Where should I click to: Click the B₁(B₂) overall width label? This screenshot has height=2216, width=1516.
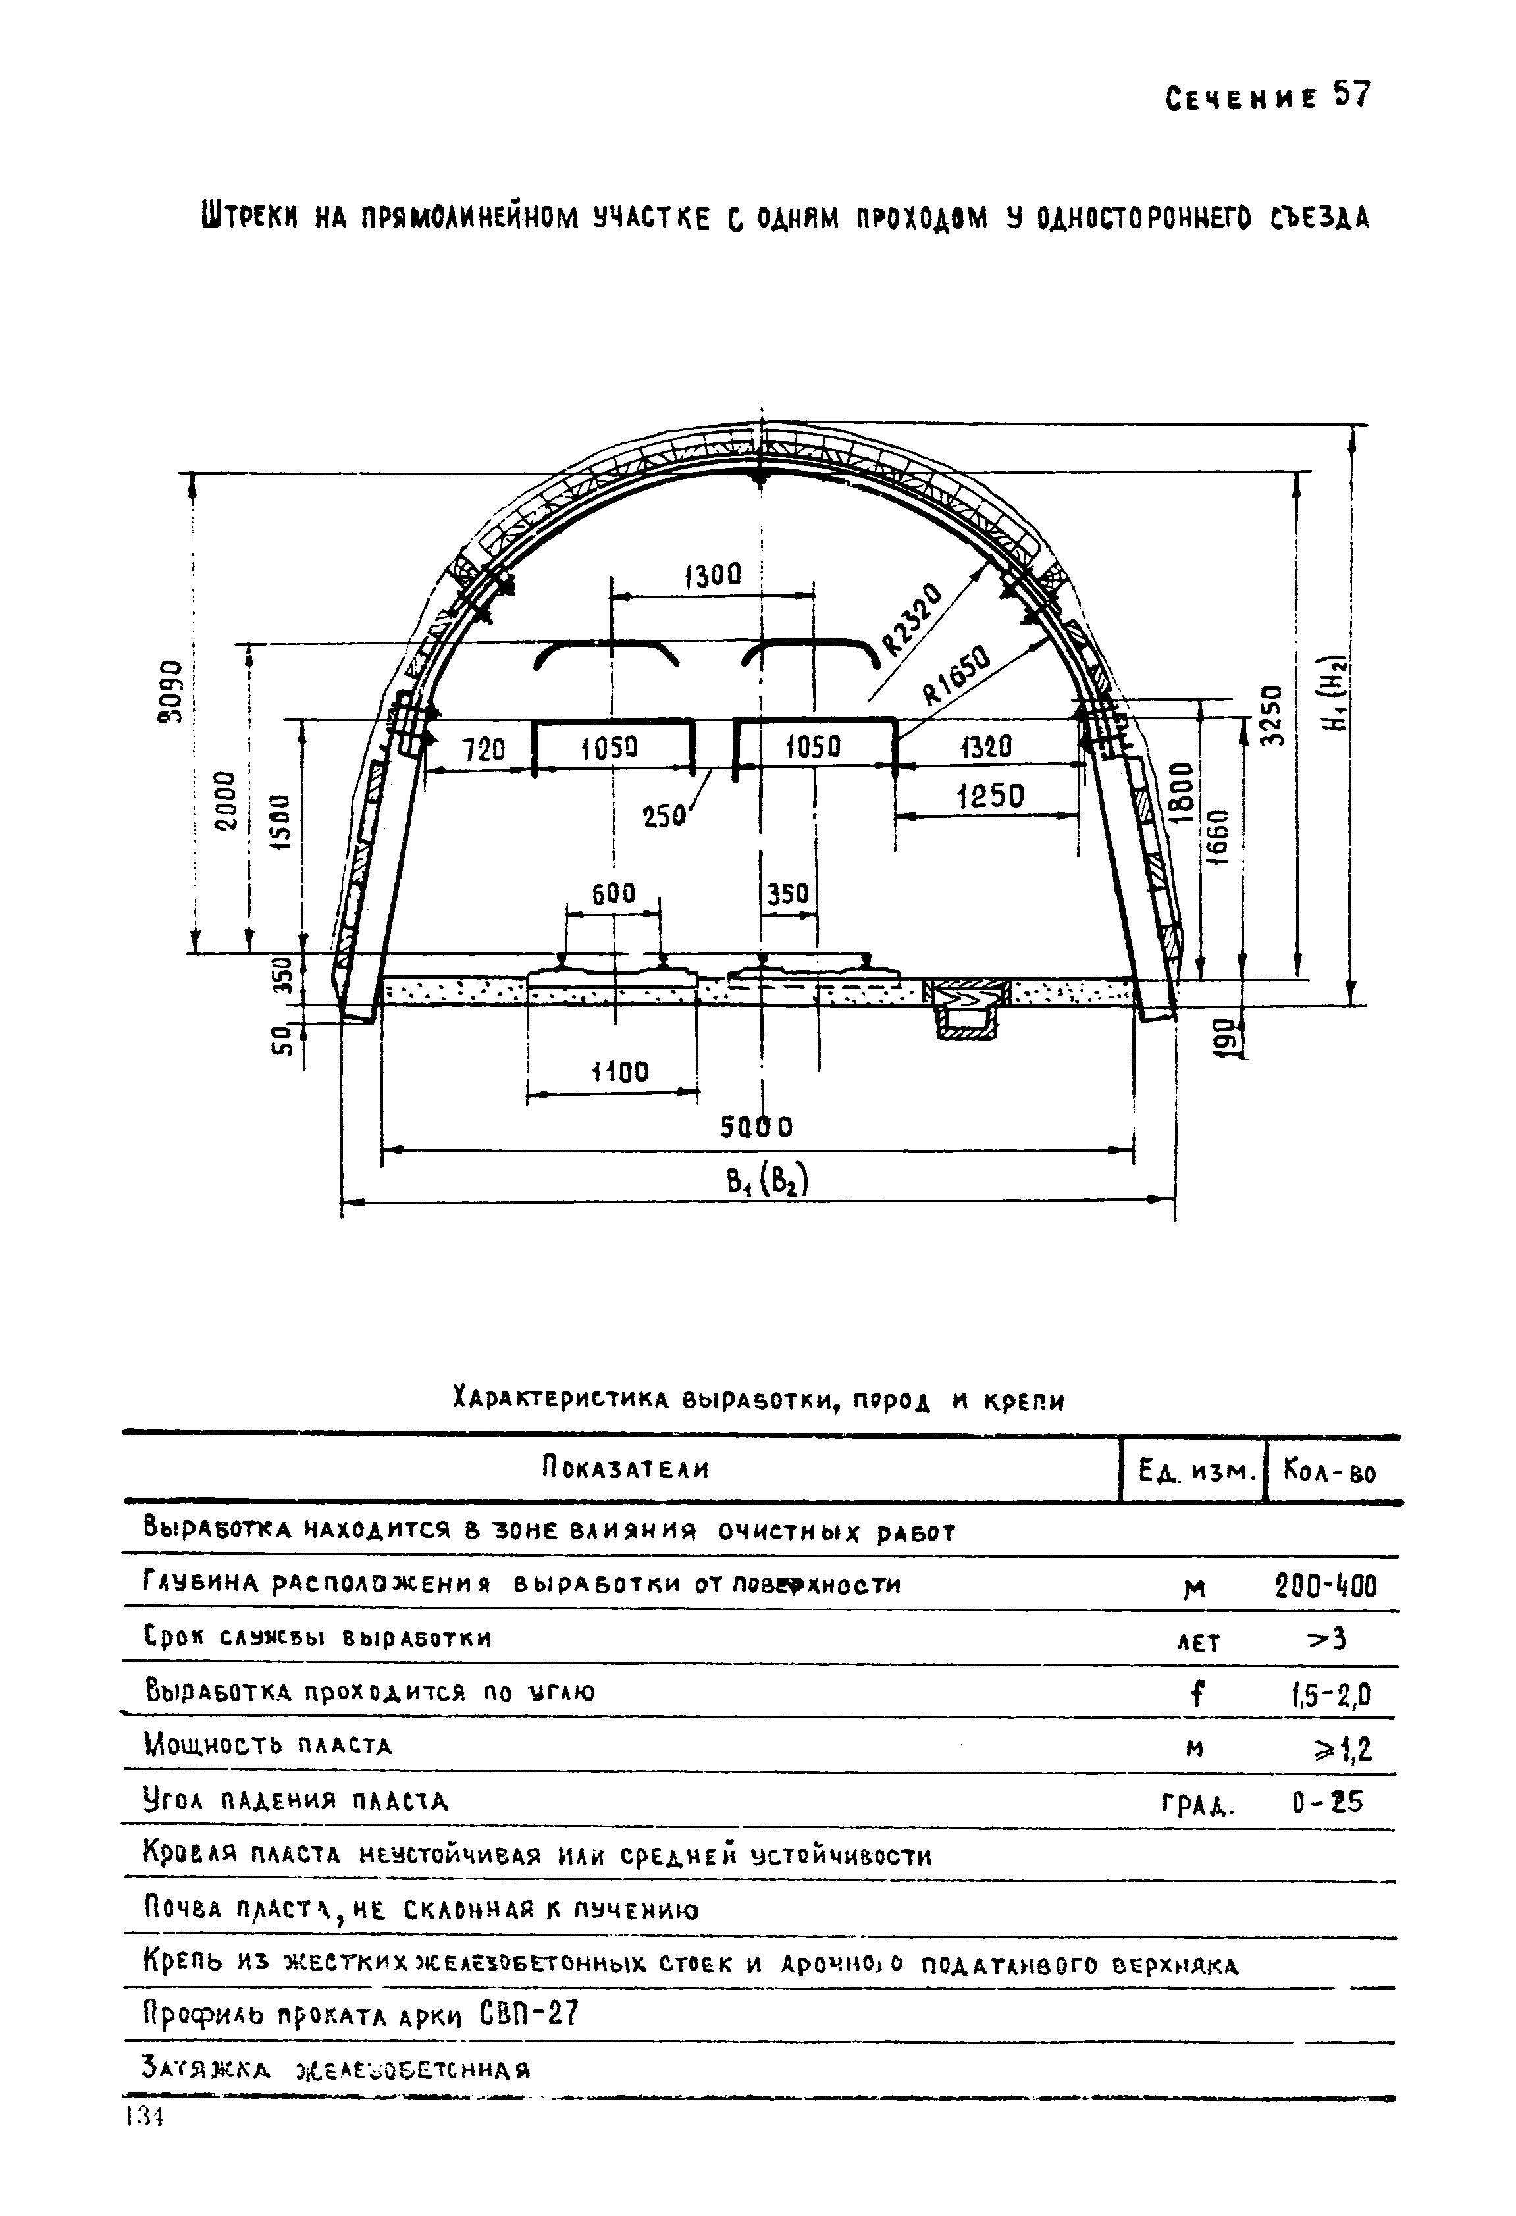[767, 1183]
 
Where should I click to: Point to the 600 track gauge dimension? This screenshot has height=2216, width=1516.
[613, 894]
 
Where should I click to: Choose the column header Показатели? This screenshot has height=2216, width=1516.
[625, 1468]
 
